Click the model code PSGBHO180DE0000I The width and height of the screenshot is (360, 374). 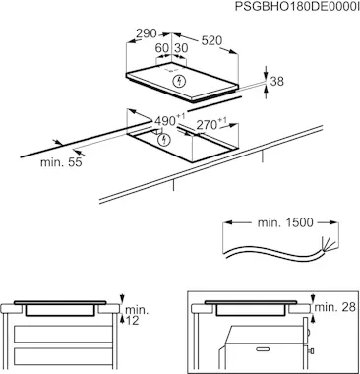click(x=297, y=7)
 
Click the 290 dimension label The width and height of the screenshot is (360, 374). click(x=147, y=33)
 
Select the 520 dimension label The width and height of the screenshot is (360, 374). click(x=211, y=40)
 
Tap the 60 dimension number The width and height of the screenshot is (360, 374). click(x=161, y=48)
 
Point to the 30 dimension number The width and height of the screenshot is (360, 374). click(x=181, y=48)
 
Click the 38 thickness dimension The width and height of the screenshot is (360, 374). click(x=277, y=81)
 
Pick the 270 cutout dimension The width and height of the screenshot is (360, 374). click(x=211, y=124)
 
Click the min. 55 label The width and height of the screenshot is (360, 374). click(x=61, y=162)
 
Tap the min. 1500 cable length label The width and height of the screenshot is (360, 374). click(x=285, y=222)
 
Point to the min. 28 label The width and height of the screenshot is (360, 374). click(x=335, y=307)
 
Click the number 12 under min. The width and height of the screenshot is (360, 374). click(x=132, y=321)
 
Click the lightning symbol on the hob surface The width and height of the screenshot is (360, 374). click(x=179, y=81)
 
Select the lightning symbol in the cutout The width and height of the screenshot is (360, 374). click(x=164, y=140)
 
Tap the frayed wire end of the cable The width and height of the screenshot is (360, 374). click(x=329, y=245)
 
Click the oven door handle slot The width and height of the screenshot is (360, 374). click(x=265, y=348)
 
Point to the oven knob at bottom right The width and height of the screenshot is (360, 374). click(x=310, y=351)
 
